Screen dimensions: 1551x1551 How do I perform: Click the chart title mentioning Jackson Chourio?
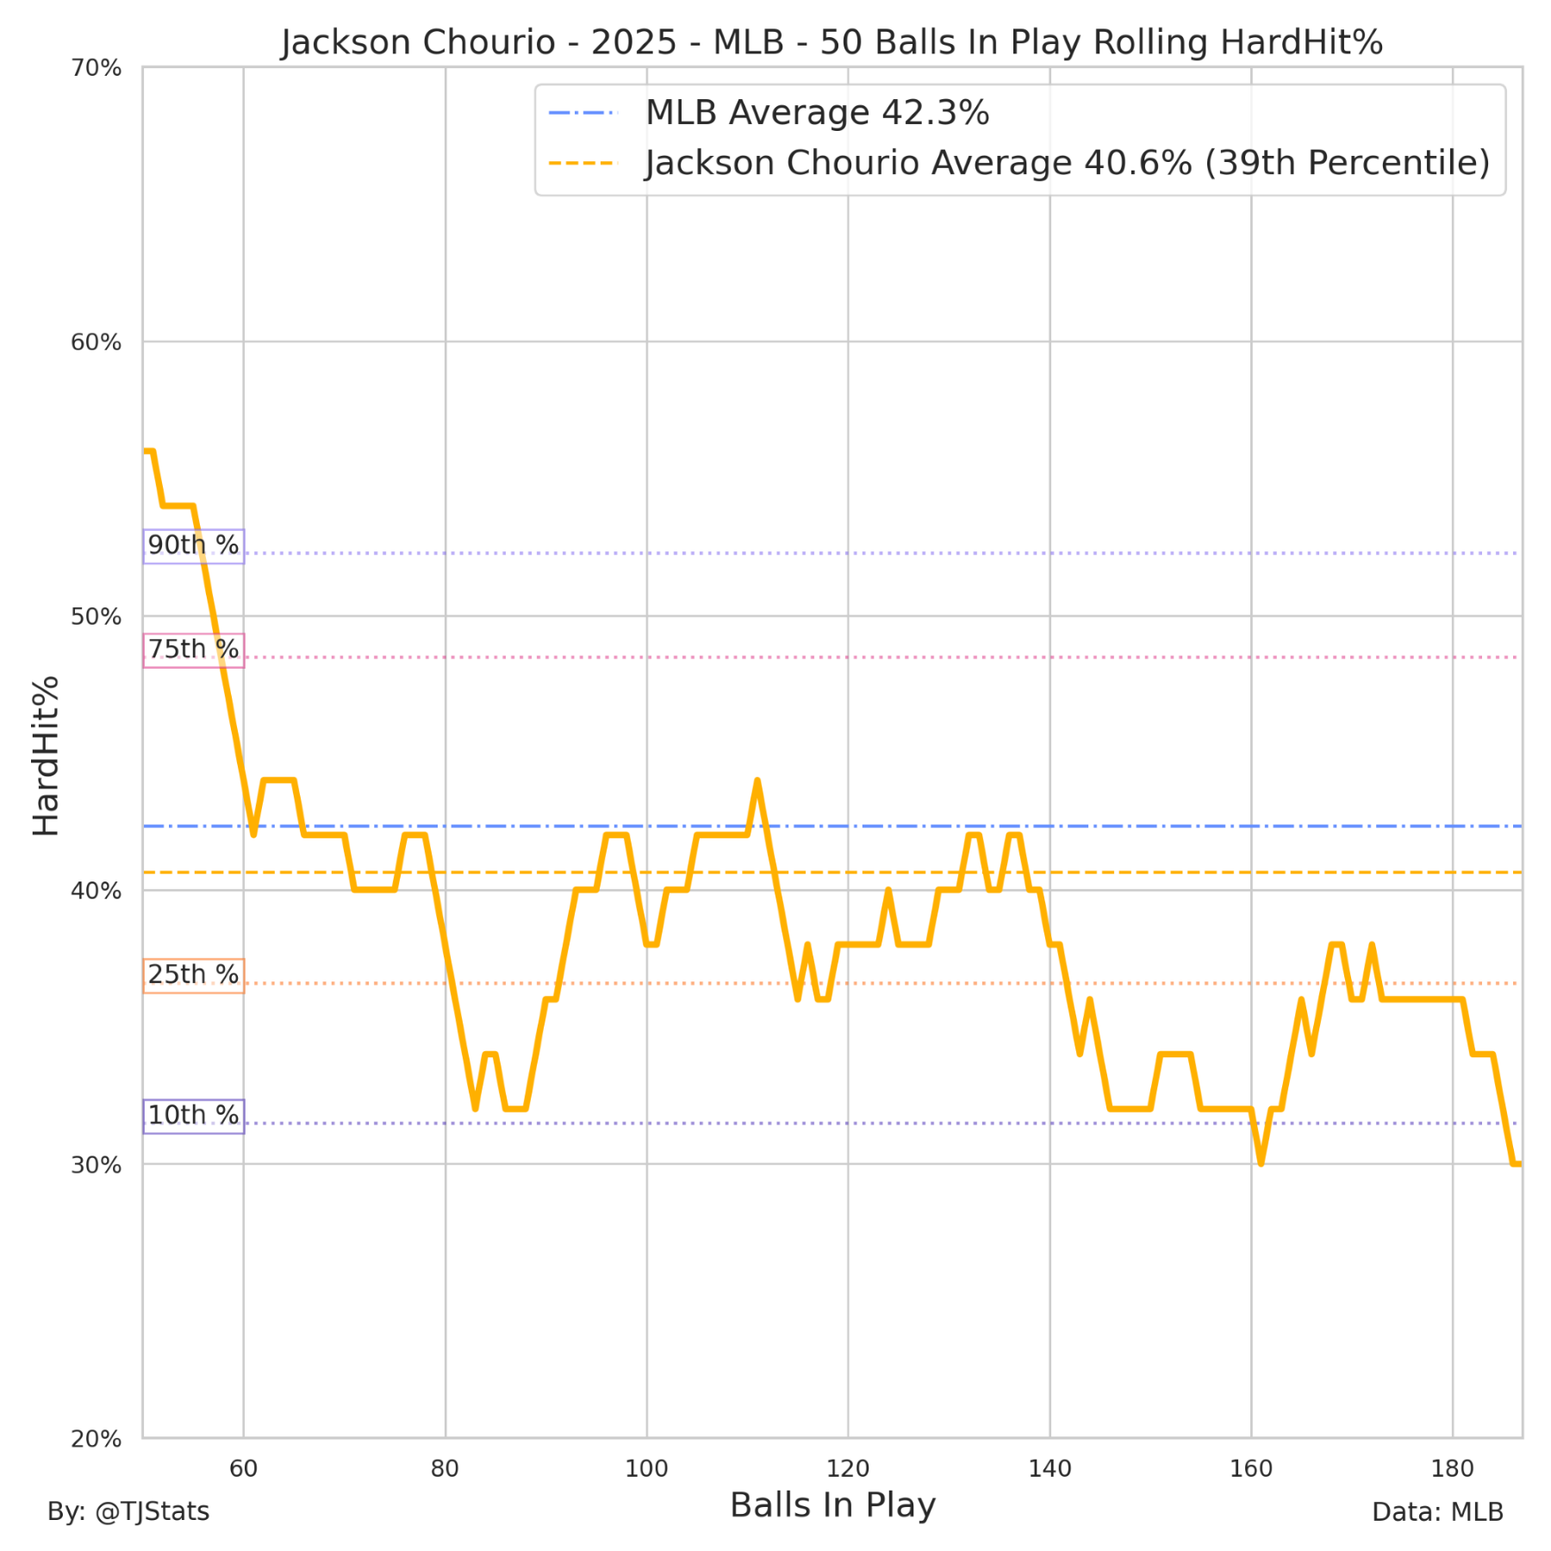832,42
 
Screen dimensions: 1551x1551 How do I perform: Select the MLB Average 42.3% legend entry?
817,113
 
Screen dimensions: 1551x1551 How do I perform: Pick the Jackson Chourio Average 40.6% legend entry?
1067,163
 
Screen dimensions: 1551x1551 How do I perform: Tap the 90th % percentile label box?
193,545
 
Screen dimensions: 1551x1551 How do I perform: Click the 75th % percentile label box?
193,650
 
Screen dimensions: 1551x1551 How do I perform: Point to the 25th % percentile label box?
193,975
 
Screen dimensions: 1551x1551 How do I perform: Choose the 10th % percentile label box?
193,1116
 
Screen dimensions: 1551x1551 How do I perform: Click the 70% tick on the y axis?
96,68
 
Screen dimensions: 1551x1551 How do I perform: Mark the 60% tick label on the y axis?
96,342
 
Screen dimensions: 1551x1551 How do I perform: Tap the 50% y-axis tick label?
96,617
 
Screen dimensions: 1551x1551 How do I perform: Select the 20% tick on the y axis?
96,1439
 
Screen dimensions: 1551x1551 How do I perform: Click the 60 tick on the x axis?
244,1468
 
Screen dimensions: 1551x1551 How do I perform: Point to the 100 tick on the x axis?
646,1468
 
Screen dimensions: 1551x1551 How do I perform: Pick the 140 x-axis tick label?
1050,1468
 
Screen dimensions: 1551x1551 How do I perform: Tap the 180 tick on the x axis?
1453,1468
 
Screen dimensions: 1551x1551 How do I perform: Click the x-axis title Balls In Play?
832,1505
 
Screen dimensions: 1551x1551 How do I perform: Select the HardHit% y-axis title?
46,756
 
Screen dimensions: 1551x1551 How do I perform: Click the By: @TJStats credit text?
128,1511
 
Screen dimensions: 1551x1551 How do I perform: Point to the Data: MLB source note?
1437,1512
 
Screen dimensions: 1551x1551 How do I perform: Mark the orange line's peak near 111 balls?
757,781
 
